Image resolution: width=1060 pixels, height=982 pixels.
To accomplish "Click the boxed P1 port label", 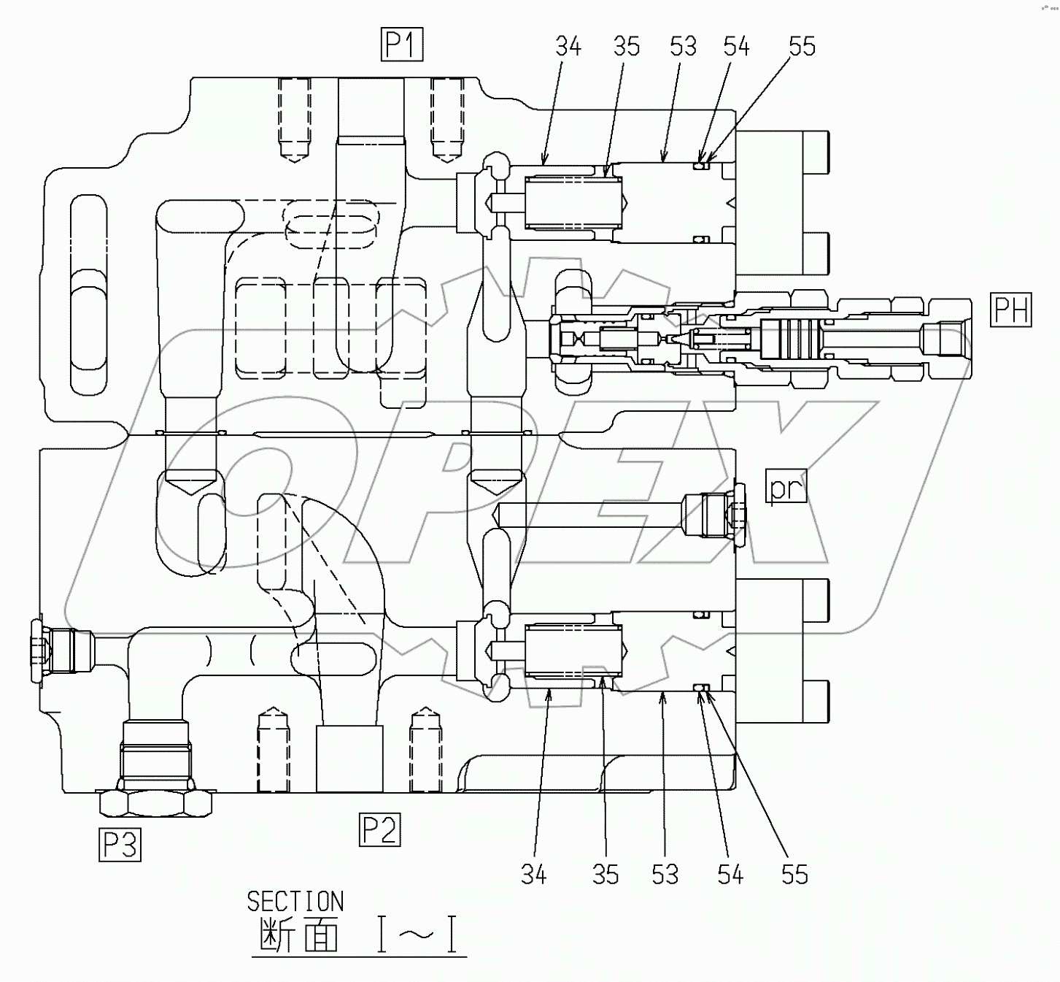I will (x=401, y=45).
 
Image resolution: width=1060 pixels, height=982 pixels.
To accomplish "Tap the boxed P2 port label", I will (x=379, y=830).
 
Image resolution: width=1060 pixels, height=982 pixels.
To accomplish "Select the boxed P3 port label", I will (x=120, y=845).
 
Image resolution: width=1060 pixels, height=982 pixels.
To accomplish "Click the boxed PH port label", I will (x=1011, y=309).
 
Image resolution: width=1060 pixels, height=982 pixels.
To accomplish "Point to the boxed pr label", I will (x=786, y=487).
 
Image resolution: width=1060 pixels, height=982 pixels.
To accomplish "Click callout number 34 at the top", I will (x=568, y=47).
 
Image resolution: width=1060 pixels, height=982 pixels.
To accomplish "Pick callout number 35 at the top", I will (x=626, y=47).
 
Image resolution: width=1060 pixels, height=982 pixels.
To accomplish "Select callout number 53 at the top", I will (x=683, y=47).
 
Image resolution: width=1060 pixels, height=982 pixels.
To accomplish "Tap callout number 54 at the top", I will (x=736, y=47).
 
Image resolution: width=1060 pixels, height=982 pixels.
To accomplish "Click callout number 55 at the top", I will (x=802, y=47).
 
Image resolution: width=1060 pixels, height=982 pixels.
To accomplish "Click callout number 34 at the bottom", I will (x=533, y=874).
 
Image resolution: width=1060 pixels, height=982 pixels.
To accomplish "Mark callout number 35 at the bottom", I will (x=605, y=874).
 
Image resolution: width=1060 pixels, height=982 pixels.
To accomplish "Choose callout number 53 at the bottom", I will (x=665, y=874).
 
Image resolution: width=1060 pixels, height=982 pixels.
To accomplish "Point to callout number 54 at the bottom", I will (x=730, y=874).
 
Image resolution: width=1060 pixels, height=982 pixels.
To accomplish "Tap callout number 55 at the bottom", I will (x=794, y=874).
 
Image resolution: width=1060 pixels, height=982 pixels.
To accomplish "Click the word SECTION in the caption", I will (x=295, y=902).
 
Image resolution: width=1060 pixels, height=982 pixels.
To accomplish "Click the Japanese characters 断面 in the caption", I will (x=300, y=935).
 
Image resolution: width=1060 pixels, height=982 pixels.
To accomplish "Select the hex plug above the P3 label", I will (x=157, y=802).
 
